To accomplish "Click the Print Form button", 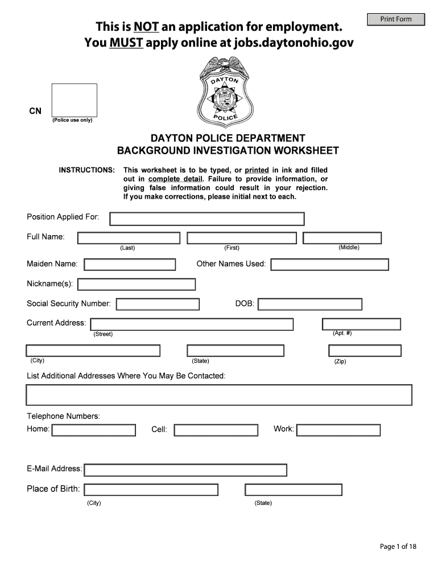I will point(396,19).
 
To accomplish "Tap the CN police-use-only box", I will point(74,100).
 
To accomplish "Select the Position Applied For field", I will point(206,219).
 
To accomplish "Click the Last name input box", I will point(129,238).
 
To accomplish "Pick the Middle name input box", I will point(342,238).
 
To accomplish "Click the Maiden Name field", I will point(130,264).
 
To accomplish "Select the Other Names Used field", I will point(329,265).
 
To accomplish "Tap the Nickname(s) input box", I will point(137,284).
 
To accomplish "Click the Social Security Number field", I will point(158,304).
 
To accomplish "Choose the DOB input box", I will point(310,305).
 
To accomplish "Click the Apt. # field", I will point(361,325).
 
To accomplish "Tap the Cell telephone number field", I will point(216,430).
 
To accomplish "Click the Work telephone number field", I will point(338,430).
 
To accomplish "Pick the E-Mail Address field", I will point(185,470).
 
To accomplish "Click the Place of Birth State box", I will point(294,490).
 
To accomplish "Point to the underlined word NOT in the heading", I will point(147,26).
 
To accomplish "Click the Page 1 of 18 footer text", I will point(398,547).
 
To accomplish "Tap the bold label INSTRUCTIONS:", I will point(87,170).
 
